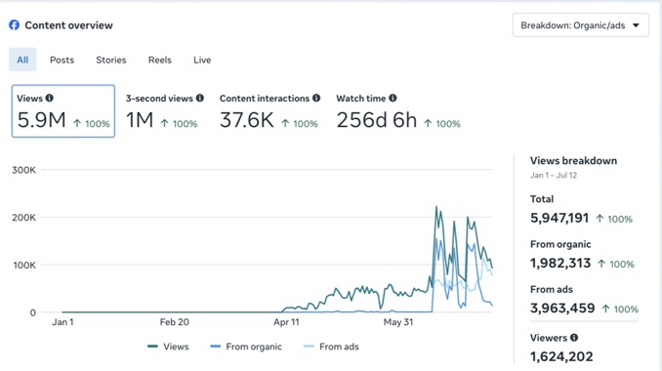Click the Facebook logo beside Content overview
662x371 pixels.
click(14, 25)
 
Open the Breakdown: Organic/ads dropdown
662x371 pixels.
click(581, 25)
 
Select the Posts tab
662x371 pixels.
click(62, 60)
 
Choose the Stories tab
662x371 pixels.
click(111, 60)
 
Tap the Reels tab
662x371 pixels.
click(159, 60)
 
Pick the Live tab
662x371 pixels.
click(202, 60)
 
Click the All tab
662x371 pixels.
click(22, 60)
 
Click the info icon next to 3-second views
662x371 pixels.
click(200, 98)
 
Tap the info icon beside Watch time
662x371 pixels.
click(393, 98)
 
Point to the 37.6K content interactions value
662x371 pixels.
click(247, 120)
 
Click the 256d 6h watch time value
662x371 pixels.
click(377, 120)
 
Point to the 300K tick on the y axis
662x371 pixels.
click(23, 170)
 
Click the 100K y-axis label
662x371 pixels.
click(24, 265)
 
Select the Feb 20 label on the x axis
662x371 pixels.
click(175, 322)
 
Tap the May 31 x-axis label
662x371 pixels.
click(398, 322)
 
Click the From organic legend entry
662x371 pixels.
click(246, 347)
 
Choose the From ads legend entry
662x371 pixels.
click(331, 347)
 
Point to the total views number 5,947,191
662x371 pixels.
click(559, 218)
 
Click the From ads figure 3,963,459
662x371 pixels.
click(562, 309)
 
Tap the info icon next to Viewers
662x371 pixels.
click(574, 337)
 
